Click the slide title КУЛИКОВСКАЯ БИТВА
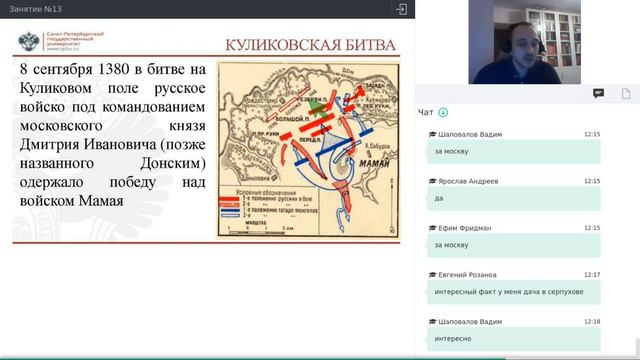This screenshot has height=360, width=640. [x=309, y=45]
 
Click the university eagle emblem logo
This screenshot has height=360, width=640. [x=29, y=43]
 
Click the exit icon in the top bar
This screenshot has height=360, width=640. [x=401, y=9]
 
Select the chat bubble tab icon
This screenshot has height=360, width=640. [x=598, y=93]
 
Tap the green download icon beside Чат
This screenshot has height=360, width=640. [x=443, y=112]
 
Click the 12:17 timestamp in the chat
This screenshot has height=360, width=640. [x=592, y=274]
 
